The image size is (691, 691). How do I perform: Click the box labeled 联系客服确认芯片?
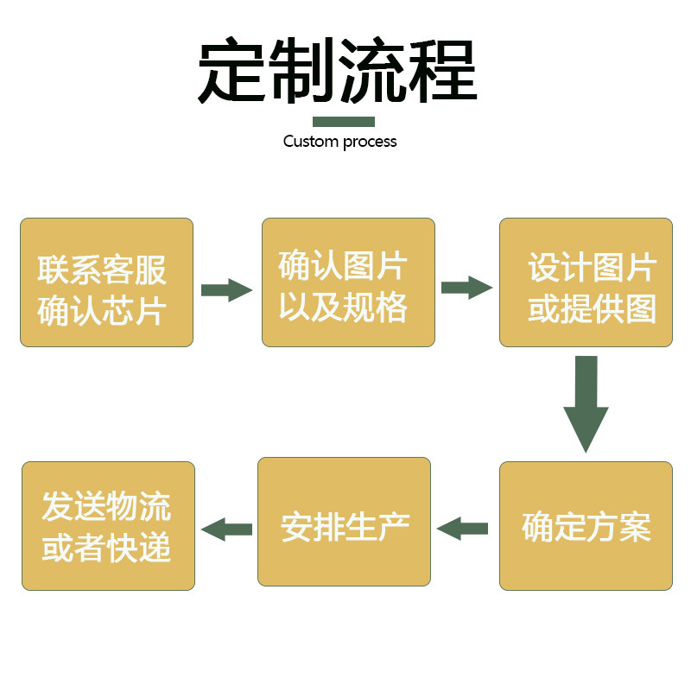tap(106, 282)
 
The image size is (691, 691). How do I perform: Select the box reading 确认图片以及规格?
tap(348, 282)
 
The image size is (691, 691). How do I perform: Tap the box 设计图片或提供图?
tap(586, 282)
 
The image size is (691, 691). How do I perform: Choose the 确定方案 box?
tap(586, 526)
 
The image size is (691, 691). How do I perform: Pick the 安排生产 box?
tap(344, 522)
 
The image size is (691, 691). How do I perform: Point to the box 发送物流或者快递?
tap(108, 526)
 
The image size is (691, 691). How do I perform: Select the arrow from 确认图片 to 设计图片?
tap(466, 288)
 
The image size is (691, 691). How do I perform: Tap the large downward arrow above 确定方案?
tap(586, 403)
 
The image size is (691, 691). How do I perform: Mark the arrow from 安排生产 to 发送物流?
tap(226, 529)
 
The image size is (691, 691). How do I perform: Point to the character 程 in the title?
tap(443, 71)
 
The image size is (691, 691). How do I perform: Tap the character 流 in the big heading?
tap(372, 71)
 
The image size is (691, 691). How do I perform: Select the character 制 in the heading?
tap(301, 71)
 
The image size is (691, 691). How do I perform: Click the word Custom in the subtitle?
tap(311, 141)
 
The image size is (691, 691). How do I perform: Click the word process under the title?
tap(370, 142)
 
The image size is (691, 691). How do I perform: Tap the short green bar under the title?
tap(343, 122)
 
